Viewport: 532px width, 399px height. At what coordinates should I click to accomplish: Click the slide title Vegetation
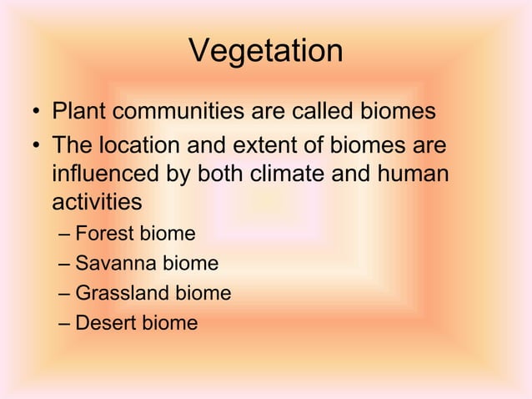[266, 52]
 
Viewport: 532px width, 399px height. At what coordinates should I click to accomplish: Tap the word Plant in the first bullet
[77, 111]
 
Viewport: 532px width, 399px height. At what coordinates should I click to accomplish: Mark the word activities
[97, 203]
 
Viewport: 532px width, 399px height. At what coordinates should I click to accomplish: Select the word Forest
[103, 235]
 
